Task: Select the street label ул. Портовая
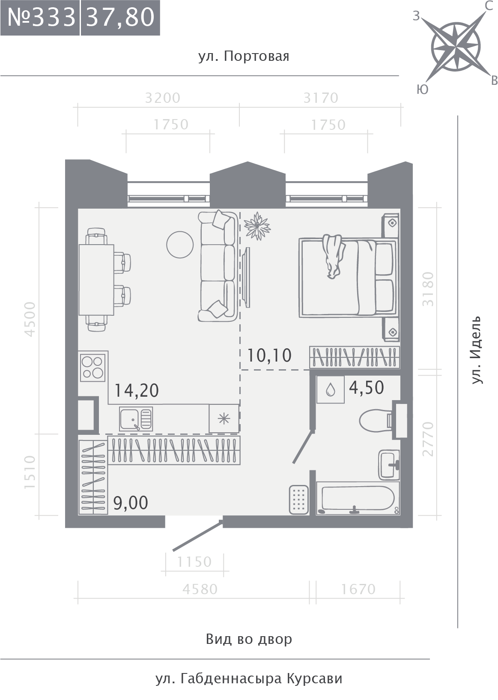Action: pyautogui.click(x=244, y=57)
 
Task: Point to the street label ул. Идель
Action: pyautogui.click(x=477, y=350)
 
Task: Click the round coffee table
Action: pyautogui.click(x=180, y=244)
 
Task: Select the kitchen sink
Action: pyautogui.click(x=136, y=419)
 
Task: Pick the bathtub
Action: pyautogui.click(x=358, y=498)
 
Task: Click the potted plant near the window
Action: pyautogui.click(x=257, y=226)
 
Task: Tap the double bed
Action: pyautogui.click(x=349, y=278)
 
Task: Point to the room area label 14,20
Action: pyautogui.click(x=137, y=391)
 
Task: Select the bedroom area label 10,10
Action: pyautogui.click(x=269, y=356)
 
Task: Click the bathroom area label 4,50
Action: pyautogui.click(x=367, y=388)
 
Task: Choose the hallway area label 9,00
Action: pyautogui.click(x=131, y=503)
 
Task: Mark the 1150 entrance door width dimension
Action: pyautogui.click(x=194, y=562)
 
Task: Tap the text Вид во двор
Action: pyautogui.click(x=249, y=639)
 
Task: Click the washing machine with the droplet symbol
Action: pyautogui.click(x=331, y=389)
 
